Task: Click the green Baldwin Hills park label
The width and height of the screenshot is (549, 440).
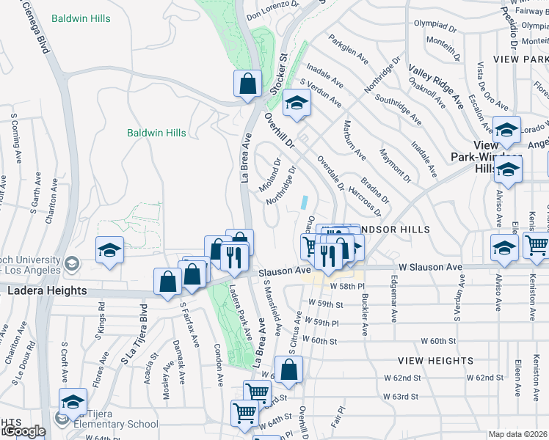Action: (156, 133)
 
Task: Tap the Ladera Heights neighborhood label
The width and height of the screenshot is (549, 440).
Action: (47, 290)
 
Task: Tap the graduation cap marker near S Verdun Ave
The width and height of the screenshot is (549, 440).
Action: (297, 103)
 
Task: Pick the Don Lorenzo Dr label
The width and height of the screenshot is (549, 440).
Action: (274, 10)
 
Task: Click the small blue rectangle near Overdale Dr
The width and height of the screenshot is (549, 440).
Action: (304, 200)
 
